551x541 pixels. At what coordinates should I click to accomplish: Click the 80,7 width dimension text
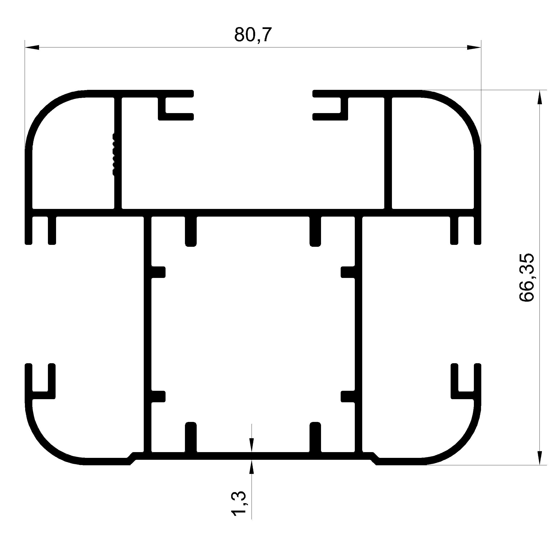tap(253, 35)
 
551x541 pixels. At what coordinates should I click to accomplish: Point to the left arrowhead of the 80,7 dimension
tap(32, 47)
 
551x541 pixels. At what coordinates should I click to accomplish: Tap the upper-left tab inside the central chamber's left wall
tap(158, 272)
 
